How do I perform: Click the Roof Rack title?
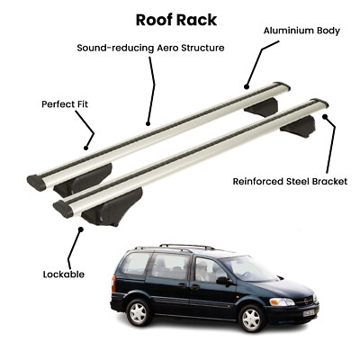176,20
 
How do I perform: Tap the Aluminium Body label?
301,31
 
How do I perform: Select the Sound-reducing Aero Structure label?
150,48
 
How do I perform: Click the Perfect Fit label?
65,104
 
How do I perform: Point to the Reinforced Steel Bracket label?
290,182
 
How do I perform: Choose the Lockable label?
64,274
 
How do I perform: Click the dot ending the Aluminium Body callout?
247,87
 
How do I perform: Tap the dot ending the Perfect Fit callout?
85,148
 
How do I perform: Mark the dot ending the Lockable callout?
80,229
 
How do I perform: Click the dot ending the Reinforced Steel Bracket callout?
324,116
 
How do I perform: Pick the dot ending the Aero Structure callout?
148,123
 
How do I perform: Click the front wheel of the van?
252,319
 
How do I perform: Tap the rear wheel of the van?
139,312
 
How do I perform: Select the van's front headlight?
282,301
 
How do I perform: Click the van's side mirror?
224,281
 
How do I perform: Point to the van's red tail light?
113,283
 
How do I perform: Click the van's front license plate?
308,313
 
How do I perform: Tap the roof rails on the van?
175,247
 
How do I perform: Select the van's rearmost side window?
137,264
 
